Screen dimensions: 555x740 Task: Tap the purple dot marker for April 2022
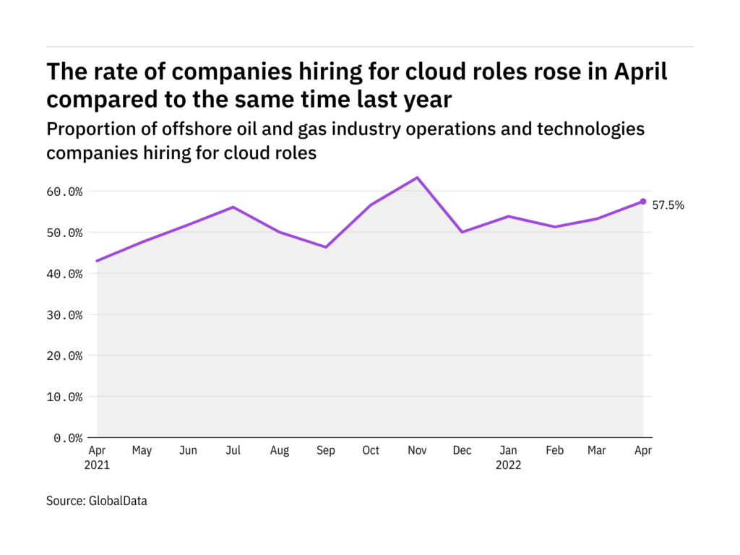click(x=643, y=202)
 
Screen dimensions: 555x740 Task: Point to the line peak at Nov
click(x=417, y=178)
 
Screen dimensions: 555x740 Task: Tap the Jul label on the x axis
click(x=233, y=451)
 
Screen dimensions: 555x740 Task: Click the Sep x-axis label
click(x=325, y=451)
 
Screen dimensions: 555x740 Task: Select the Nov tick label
click(x=417, y=451)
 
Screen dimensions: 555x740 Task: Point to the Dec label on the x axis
click(x=462, y=451)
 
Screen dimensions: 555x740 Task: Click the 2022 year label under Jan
click(x=508, y=465)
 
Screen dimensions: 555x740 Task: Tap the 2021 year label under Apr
click(x=97, y=465)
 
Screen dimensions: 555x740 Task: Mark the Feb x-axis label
click(x=554, y=451)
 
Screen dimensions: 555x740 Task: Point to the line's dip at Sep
click(x=325, y=247)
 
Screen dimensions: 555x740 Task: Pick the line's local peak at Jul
click(x=233, y=207)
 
